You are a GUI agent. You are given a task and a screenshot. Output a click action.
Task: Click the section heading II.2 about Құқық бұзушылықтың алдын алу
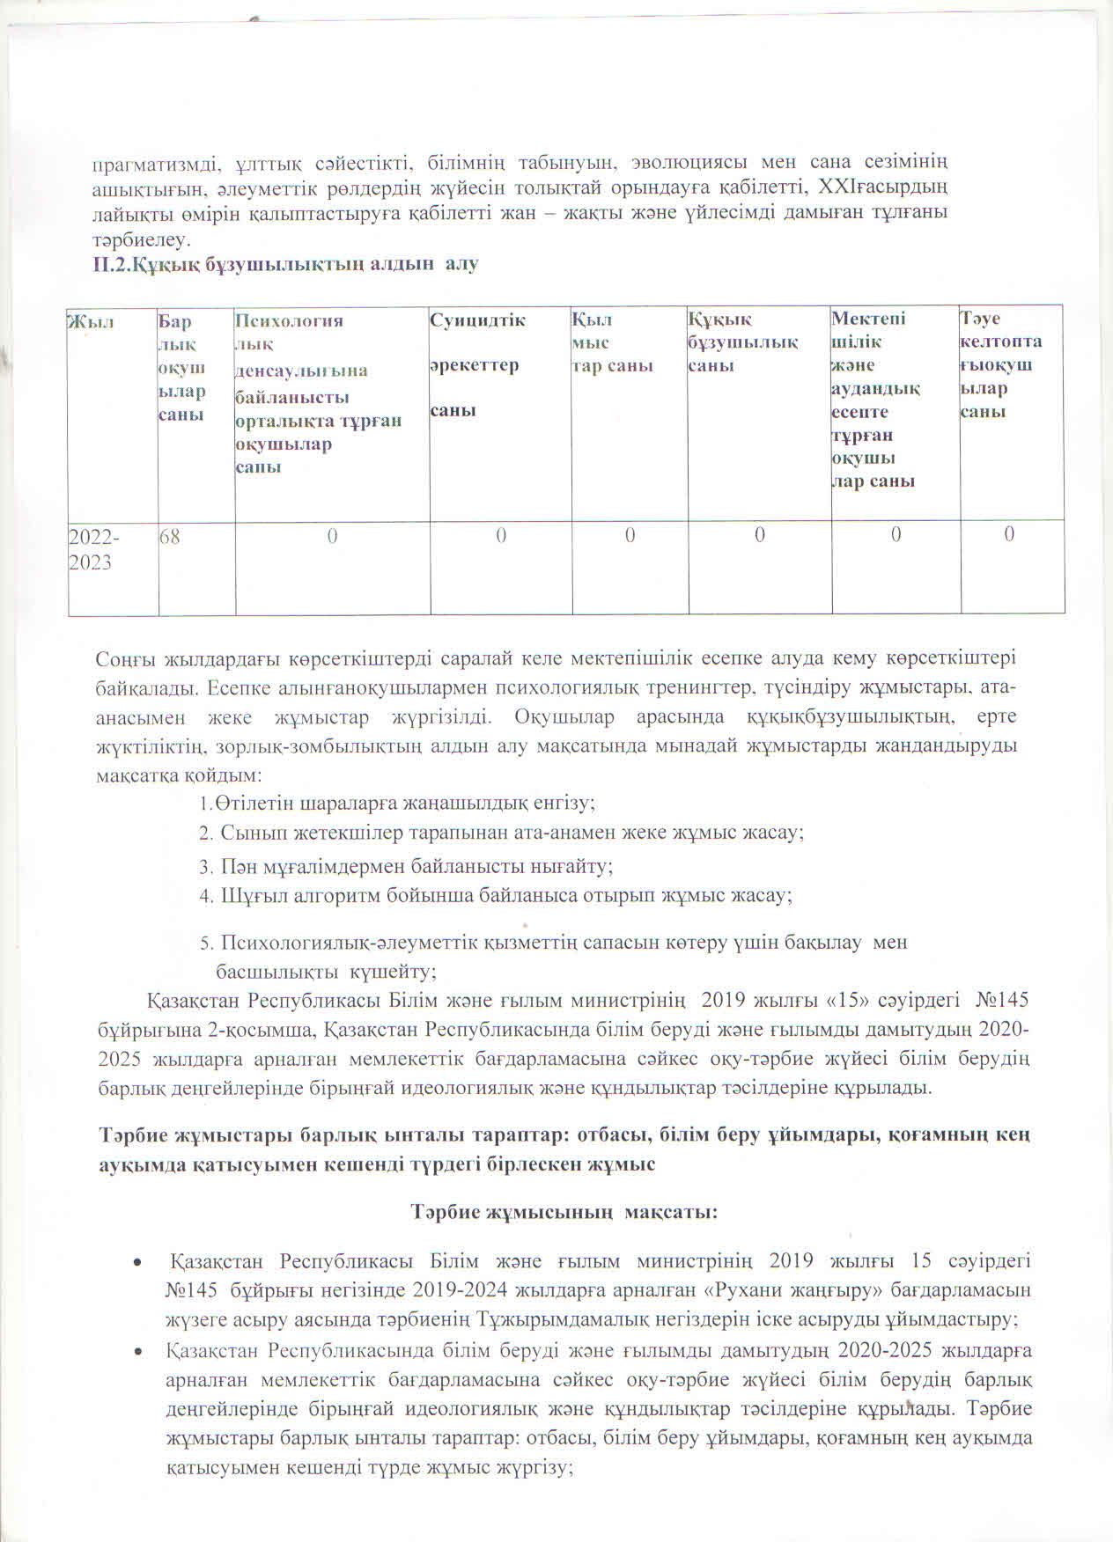point(286,263)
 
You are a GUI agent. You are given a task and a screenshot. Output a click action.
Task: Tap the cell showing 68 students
point(170,534)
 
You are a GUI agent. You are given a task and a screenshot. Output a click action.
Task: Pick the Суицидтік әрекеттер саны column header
point(477,364)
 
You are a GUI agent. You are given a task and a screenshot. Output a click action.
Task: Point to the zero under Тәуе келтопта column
point(1009,533)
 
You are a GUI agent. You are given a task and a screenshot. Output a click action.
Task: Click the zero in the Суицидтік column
point(500,534)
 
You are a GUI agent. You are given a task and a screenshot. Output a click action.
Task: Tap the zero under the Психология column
point(332,534)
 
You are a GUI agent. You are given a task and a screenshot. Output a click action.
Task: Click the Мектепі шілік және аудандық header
point(877,400)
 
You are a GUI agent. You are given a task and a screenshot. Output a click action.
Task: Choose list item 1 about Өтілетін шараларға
point(397,803)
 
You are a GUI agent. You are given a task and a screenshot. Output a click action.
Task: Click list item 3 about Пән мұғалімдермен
point(406,866)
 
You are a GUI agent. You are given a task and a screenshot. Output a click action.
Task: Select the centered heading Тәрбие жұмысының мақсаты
point(564,1212)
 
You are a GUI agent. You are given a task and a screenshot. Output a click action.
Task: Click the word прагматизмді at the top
point(153,163)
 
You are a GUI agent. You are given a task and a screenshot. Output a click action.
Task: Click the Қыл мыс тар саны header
point(612,341)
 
